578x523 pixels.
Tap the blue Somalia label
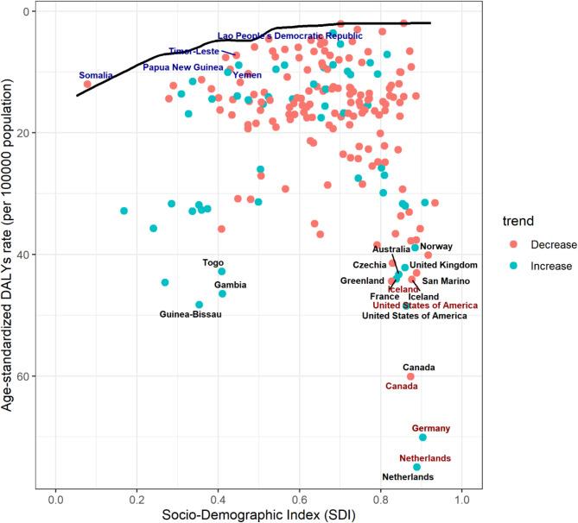[96, 75]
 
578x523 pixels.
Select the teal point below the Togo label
[222, 272]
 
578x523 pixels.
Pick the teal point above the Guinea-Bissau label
[199, 305]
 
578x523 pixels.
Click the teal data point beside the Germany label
[423, 438]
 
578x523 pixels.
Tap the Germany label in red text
[430, 428]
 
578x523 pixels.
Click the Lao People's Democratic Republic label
[289, 36]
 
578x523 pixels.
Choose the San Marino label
[446, 281]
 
